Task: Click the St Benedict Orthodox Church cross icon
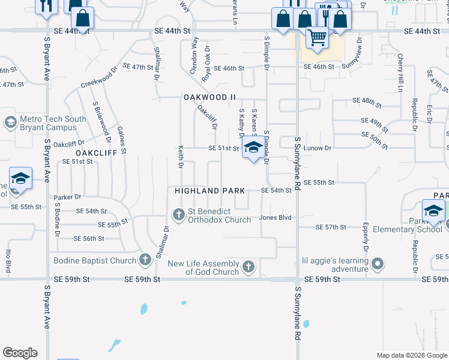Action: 178,214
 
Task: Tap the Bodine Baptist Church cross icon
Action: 145,260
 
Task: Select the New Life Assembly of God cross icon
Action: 248,266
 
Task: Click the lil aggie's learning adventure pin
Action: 377,264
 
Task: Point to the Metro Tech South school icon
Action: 10,122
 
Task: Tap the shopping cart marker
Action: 317,38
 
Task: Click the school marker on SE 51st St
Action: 253,148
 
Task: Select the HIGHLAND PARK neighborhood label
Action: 209,191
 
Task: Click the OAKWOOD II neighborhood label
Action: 209,97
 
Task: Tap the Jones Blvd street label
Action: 275,218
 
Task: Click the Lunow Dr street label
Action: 318,148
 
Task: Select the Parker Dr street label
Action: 66,197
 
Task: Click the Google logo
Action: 20,353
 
